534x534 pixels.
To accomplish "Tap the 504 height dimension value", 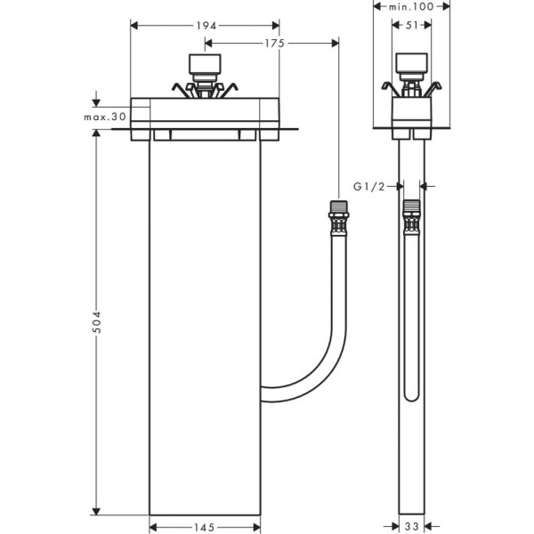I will tap(97, 323).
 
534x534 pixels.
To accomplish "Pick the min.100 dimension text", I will tap(411, 7).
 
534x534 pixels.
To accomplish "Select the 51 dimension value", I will tap(410, 26).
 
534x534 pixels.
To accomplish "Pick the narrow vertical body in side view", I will tap(410, 463).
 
